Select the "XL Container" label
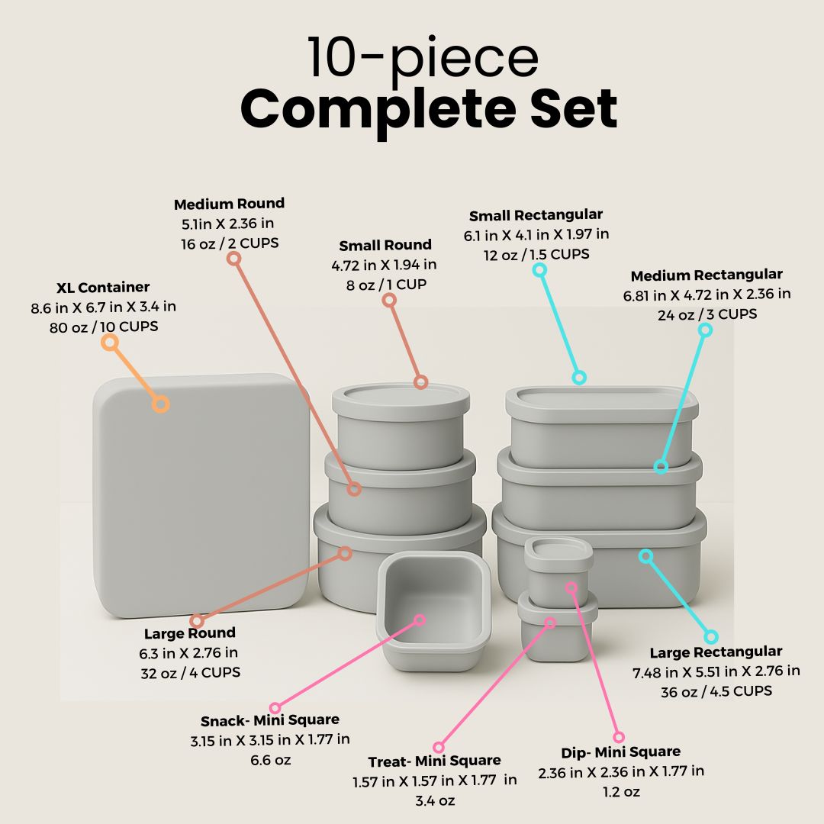point(103,288)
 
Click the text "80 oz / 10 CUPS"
point(103,327)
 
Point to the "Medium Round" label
point(229,204)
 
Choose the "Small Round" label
point(385,245)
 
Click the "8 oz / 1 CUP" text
point(385,285)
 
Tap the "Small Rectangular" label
point(536,215)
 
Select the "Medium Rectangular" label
point(707,275)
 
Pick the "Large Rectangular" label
point(716,652)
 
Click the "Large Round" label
point(190,633)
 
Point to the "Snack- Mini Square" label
point(270,720)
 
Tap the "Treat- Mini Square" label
point(434,761)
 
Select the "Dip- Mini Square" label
point(620,752)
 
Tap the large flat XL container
point(201,496)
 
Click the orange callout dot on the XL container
point(160,404)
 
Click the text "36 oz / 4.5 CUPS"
point(716,691)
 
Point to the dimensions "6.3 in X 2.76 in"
point(188,653)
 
